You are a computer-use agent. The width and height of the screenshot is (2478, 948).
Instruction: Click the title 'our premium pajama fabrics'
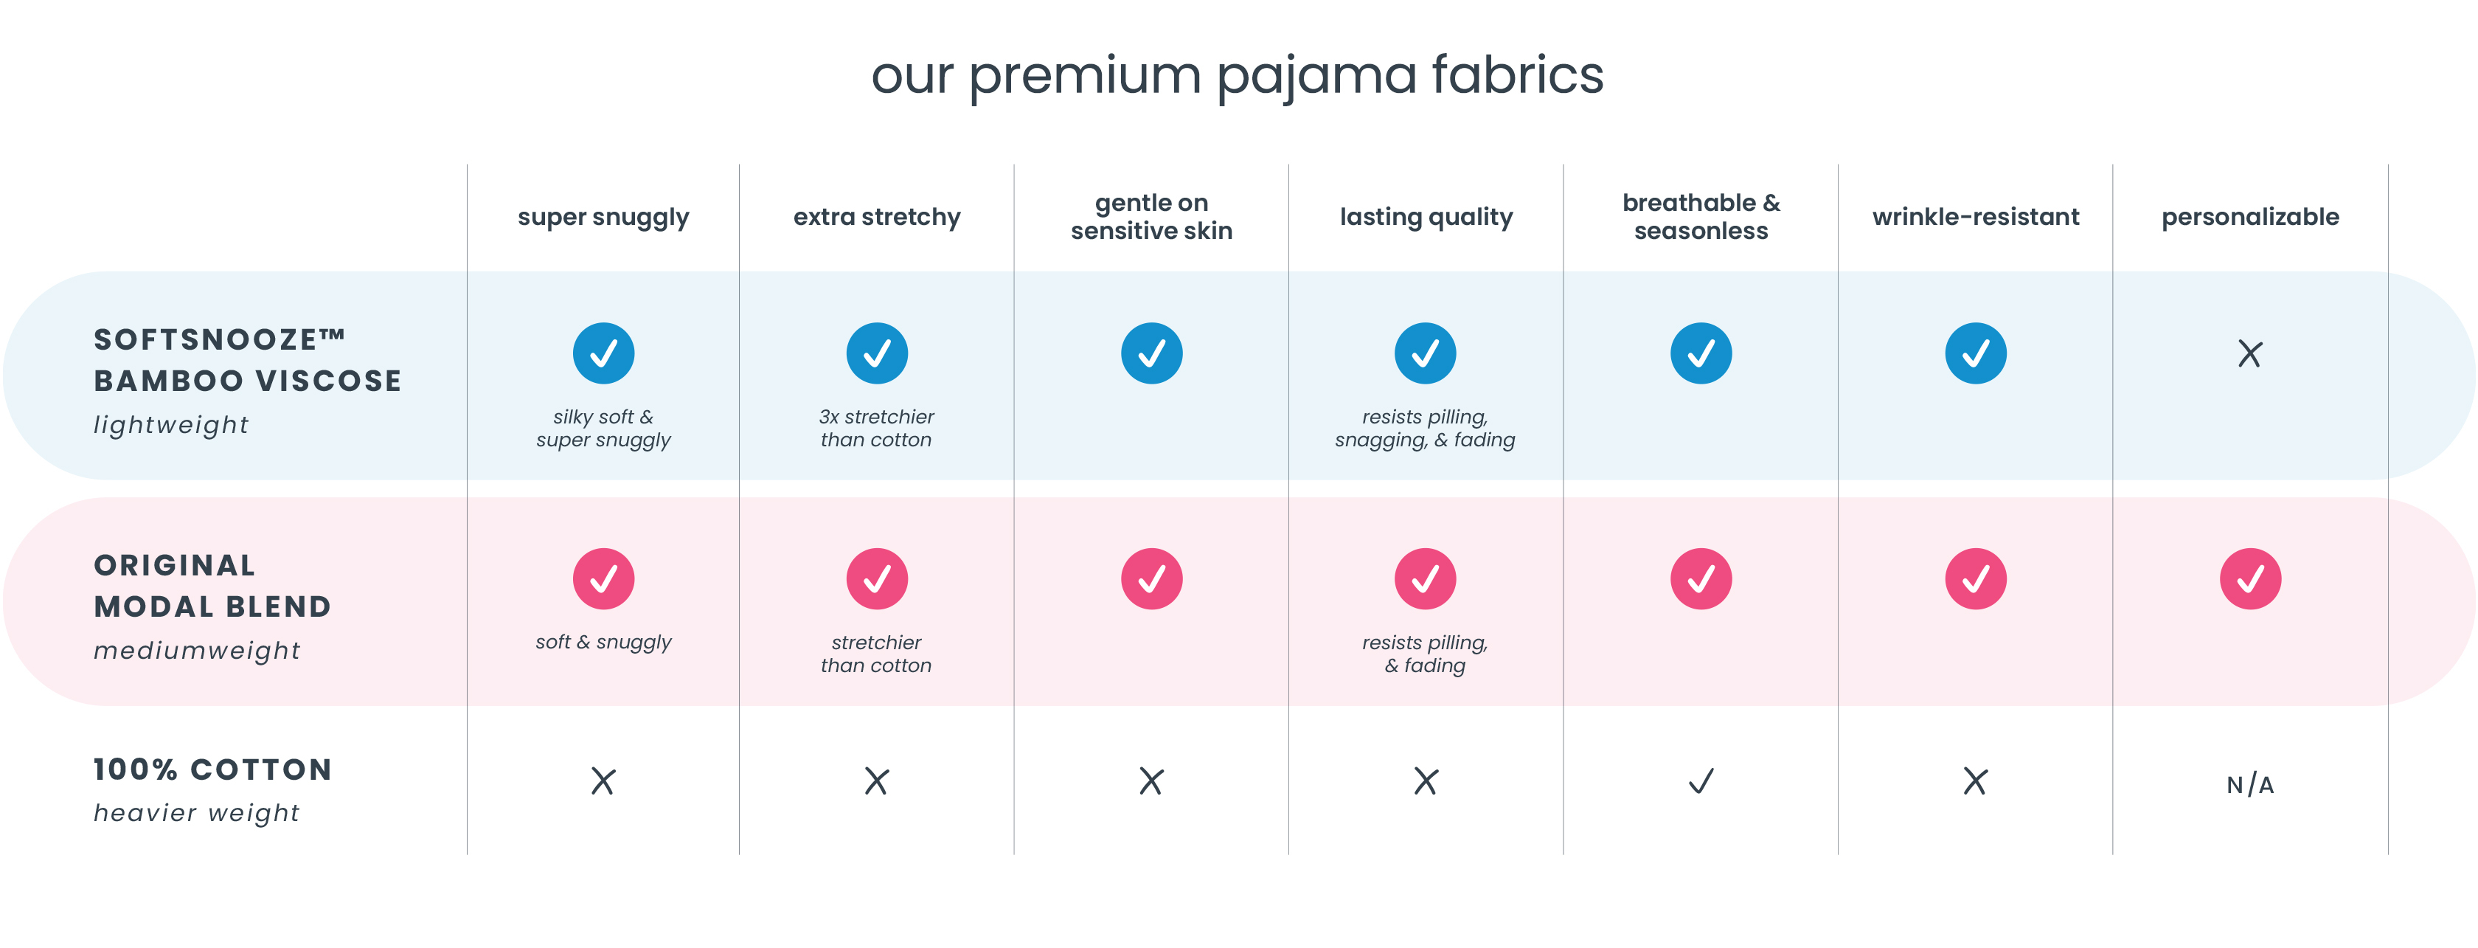pyautogui.click(x=1237, y=76)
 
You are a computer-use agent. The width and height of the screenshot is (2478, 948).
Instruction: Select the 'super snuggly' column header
pyautogui.click(x=603, y=218)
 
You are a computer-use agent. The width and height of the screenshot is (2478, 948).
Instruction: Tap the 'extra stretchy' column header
pyautogui.click(x=876, y=218)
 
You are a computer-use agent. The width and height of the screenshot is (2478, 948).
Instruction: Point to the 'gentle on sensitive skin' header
pyautogui.click(x=1151, y=217)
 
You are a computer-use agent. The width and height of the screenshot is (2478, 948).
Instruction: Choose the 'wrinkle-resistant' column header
pyautogui.click(x=1975, y=217)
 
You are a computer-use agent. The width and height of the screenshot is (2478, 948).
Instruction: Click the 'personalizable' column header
pyautogui.click(x=2250, y=218)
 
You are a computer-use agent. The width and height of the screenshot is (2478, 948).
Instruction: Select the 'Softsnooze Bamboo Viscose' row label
pyautogui.click(x=247, y=360)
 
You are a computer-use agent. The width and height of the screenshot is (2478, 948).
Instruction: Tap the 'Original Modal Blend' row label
pyautogui.click(x=212, y=586)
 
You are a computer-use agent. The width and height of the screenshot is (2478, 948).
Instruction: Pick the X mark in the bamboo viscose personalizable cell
pyautogui.click(x=2250, y=354)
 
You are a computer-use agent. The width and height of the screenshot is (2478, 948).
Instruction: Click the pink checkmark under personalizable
pyautogui.click(x=2250, y=578)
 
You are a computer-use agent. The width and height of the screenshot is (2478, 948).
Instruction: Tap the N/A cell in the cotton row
pyautogui.click(x=2250, y=784)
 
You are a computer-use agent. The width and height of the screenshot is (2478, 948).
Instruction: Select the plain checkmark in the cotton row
pyautogui.click(x=1701, y=781)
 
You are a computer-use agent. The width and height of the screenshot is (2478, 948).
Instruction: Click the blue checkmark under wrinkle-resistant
pyautogui.click(x=1975, y=353)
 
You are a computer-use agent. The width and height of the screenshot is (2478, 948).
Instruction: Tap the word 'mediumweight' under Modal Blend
pyautogui.click(x=197, y=651)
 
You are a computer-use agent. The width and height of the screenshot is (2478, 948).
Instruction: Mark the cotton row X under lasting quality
pyautogui.click(x=1426, y=781)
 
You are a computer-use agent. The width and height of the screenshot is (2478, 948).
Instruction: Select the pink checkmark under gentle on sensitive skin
pyautogui.click(x=1151, y=578)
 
